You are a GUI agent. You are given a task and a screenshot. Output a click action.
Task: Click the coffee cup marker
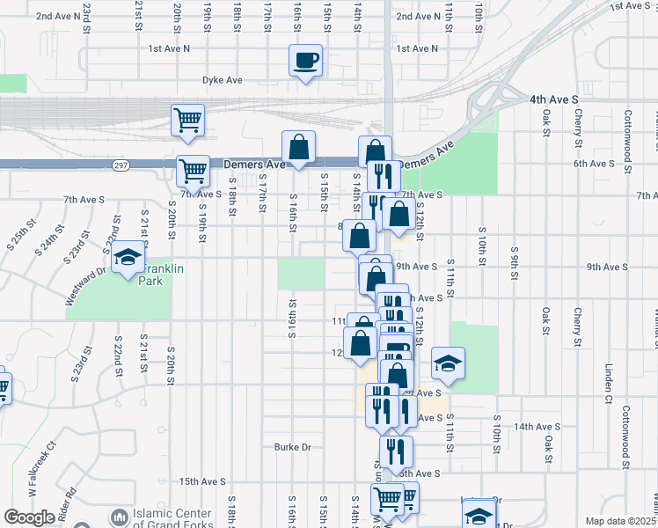[306, 61]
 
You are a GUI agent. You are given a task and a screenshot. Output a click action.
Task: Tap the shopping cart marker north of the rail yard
[187, 119]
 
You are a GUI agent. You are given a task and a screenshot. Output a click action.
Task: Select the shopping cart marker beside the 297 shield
[193, 169]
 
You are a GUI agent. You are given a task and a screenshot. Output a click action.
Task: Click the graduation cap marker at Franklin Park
[128, 259]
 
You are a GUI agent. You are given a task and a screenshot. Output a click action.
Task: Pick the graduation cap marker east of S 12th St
[448, 363]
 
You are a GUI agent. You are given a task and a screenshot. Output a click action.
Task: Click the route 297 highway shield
[121, 165]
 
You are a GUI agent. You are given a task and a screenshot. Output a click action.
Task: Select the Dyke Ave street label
[222, 80]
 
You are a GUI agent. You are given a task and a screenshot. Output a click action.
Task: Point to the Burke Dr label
[293, 447]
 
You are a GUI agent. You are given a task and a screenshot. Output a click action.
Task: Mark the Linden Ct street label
[608, 383]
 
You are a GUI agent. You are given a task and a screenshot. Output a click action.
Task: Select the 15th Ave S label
[202, 482]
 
